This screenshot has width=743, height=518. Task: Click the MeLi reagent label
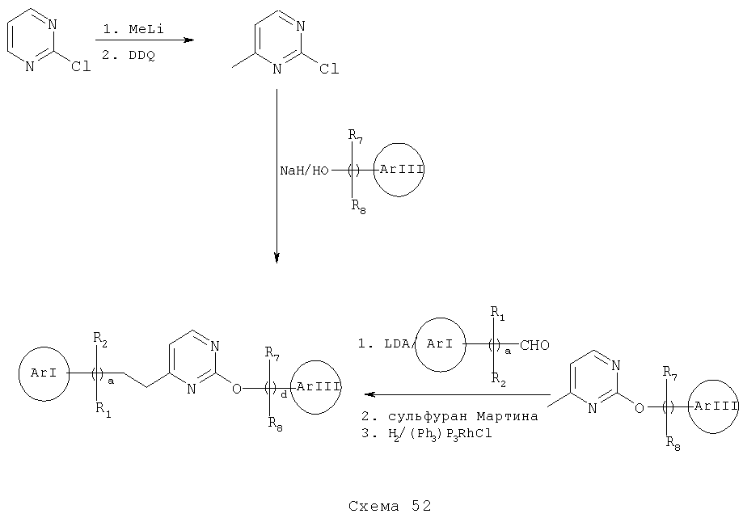coord(146,29)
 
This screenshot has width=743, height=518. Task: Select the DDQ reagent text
coord(141,56)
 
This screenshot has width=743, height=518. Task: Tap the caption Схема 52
coord(390,506)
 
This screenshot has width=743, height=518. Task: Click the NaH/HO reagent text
coord(304,171)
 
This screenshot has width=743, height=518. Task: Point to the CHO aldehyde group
coord(534,345)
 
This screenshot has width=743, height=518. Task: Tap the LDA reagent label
coord(397,344)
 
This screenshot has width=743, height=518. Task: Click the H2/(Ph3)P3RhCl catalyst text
coord(440,433)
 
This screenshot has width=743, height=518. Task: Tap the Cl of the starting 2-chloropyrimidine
coord(81,67)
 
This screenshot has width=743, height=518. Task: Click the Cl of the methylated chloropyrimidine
coord(329,69)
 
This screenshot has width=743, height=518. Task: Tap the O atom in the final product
coord(236,389)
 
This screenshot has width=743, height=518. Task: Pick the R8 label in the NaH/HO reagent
coord(358,206)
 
